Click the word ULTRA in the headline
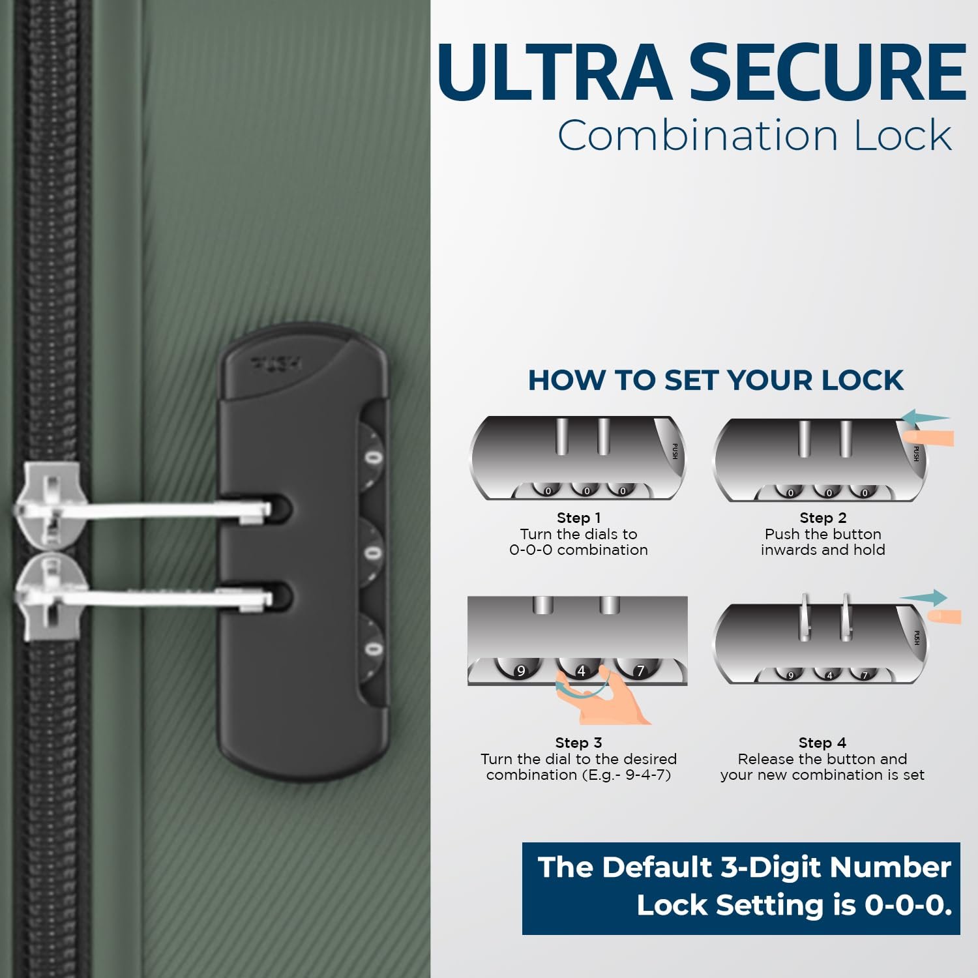(555, 72)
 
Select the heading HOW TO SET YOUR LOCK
(716, 380)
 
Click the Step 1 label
(578, 518)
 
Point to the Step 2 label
(823, 518)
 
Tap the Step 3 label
(578, 743)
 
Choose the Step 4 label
(822, 743)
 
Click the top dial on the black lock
(372, 458)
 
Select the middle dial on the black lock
(372, 554)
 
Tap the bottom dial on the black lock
(372, 649)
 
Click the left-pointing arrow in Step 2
(926, 417)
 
